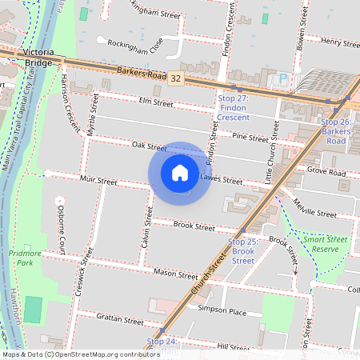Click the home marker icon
point(180,173)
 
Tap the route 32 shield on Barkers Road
point(175,78)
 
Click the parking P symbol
point(282,79)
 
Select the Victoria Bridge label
point(38,58)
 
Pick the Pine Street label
point(250,138)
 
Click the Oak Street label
point(149,146)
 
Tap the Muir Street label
point(98,182)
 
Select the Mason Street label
point(177,274)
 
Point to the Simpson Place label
point(222,310)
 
